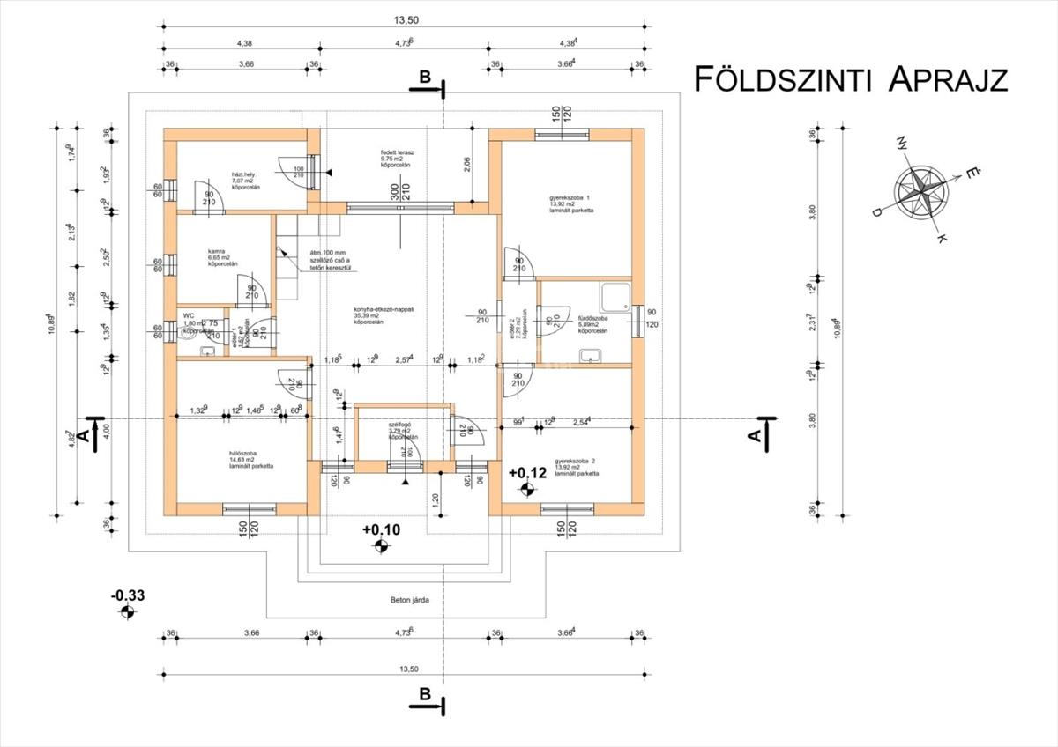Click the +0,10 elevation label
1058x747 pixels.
click(380, 529)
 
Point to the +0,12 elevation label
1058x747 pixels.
click(528, 473)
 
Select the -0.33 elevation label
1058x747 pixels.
click(127, 595)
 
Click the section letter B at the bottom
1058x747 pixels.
click(424, 694)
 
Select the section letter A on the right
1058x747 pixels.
click(754, 435)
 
